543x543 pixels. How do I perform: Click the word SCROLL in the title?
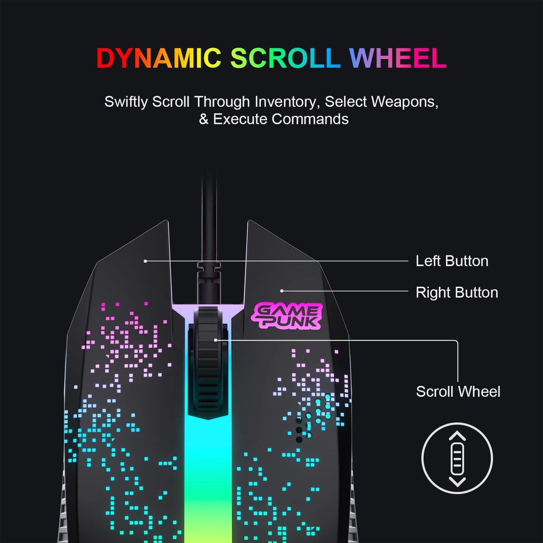click(285, 58)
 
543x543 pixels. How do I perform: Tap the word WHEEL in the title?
click(398, 58)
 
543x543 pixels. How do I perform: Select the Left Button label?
click(452, 261)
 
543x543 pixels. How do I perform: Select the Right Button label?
click(457, 292)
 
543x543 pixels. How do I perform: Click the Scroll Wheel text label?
click(458, 392)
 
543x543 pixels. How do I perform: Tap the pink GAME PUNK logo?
click(287, 316)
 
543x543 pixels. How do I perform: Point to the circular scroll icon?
click(457, 458)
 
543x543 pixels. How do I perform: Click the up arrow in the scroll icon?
click(457, 436)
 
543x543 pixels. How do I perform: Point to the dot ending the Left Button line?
click(145, 261)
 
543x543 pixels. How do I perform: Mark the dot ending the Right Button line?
click(282, 291)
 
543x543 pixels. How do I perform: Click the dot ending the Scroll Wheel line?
click(215, 340)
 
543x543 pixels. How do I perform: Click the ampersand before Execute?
click(203, 119)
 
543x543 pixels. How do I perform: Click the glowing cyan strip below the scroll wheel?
click(208, 470)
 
